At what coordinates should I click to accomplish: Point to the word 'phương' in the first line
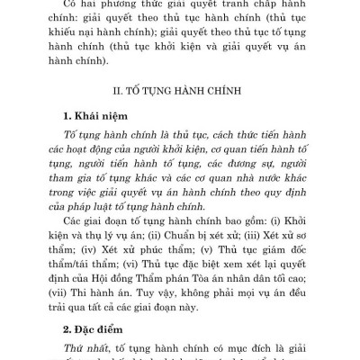coord(97,4)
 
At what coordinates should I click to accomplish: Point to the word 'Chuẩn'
coord(158,237)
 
